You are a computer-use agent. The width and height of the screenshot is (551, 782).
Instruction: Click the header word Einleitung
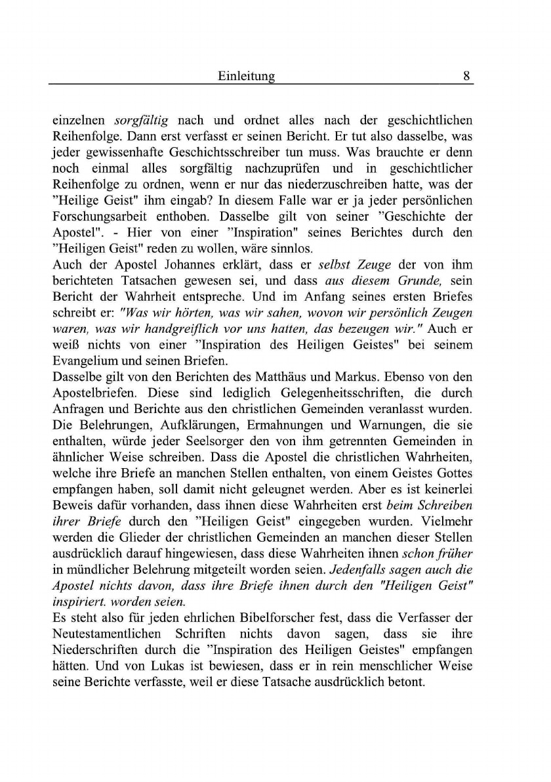click(246, 76)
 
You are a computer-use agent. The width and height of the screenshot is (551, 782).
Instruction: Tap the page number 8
click(466, 76)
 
